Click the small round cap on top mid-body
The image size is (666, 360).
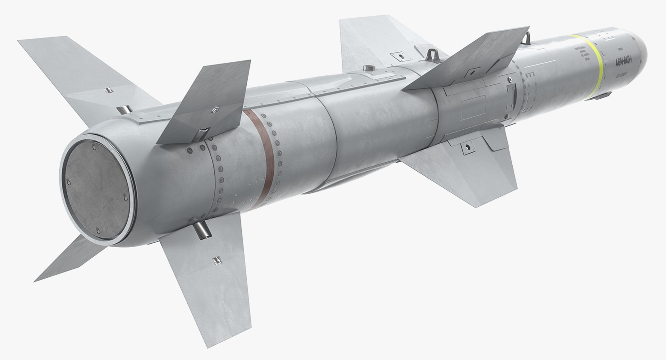(367, 67)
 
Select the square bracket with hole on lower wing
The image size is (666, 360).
(466, 147)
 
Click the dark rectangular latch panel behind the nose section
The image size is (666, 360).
(509, 89)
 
